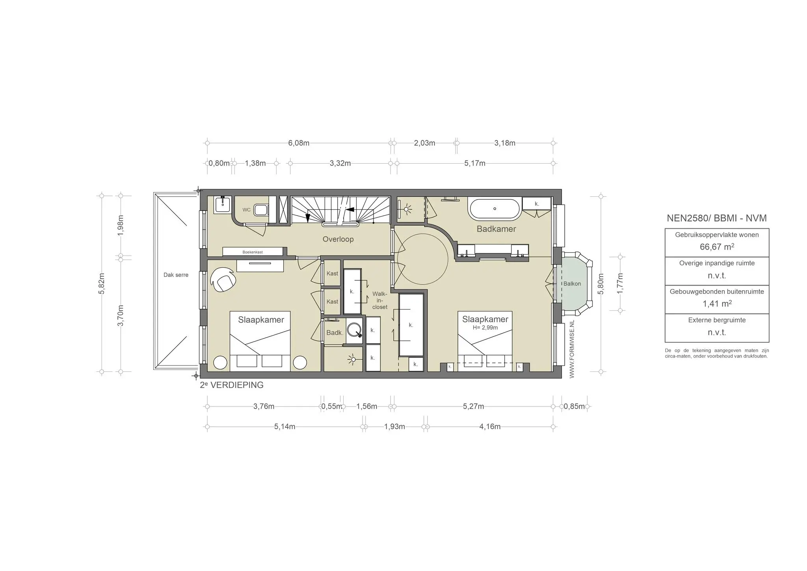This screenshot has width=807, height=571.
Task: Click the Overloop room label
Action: click(x=338, y=239)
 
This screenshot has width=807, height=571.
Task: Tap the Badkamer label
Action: click(x=496, y=229)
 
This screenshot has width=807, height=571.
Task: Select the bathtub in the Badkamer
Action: click(x=495, y=209)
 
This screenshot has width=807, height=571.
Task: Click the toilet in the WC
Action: click(x=260, y=209)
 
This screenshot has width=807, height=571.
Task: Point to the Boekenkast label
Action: click(x=253, y=252)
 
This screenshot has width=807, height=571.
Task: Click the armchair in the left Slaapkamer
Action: click(x=223, y=279)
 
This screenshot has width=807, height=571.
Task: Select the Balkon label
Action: click(x=572, y=284)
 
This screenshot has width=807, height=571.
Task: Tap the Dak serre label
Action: click(x=176, y=275)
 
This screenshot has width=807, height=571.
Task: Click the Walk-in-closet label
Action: click(x=379, y=300)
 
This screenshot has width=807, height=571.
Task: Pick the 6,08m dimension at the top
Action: click(x=298, y=143)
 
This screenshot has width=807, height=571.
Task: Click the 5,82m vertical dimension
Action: click(x=102, y=284)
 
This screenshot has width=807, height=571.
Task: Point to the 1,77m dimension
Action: click(x=620, y=283)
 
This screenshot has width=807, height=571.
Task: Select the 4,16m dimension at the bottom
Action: click(x=490, y=427)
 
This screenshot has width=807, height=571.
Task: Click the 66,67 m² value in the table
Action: click(x=717, y=247)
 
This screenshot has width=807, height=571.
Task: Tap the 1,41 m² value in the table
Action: click(x=717, y=304)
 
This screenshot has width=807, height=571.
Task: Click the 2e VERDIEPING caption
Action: click(x=232, y=385)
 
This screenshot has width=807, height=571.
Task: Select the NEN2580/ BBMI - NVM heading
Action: click(x=716, y=218)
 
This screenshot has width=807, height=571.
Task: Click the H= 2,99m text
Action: click(x=485, y=327)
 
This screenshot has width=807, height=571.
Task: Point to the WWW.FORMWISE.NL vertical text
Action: click(x=572, y=349)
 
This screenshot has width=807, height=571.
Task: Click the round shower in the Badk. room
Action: click(x=354, y=329)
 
